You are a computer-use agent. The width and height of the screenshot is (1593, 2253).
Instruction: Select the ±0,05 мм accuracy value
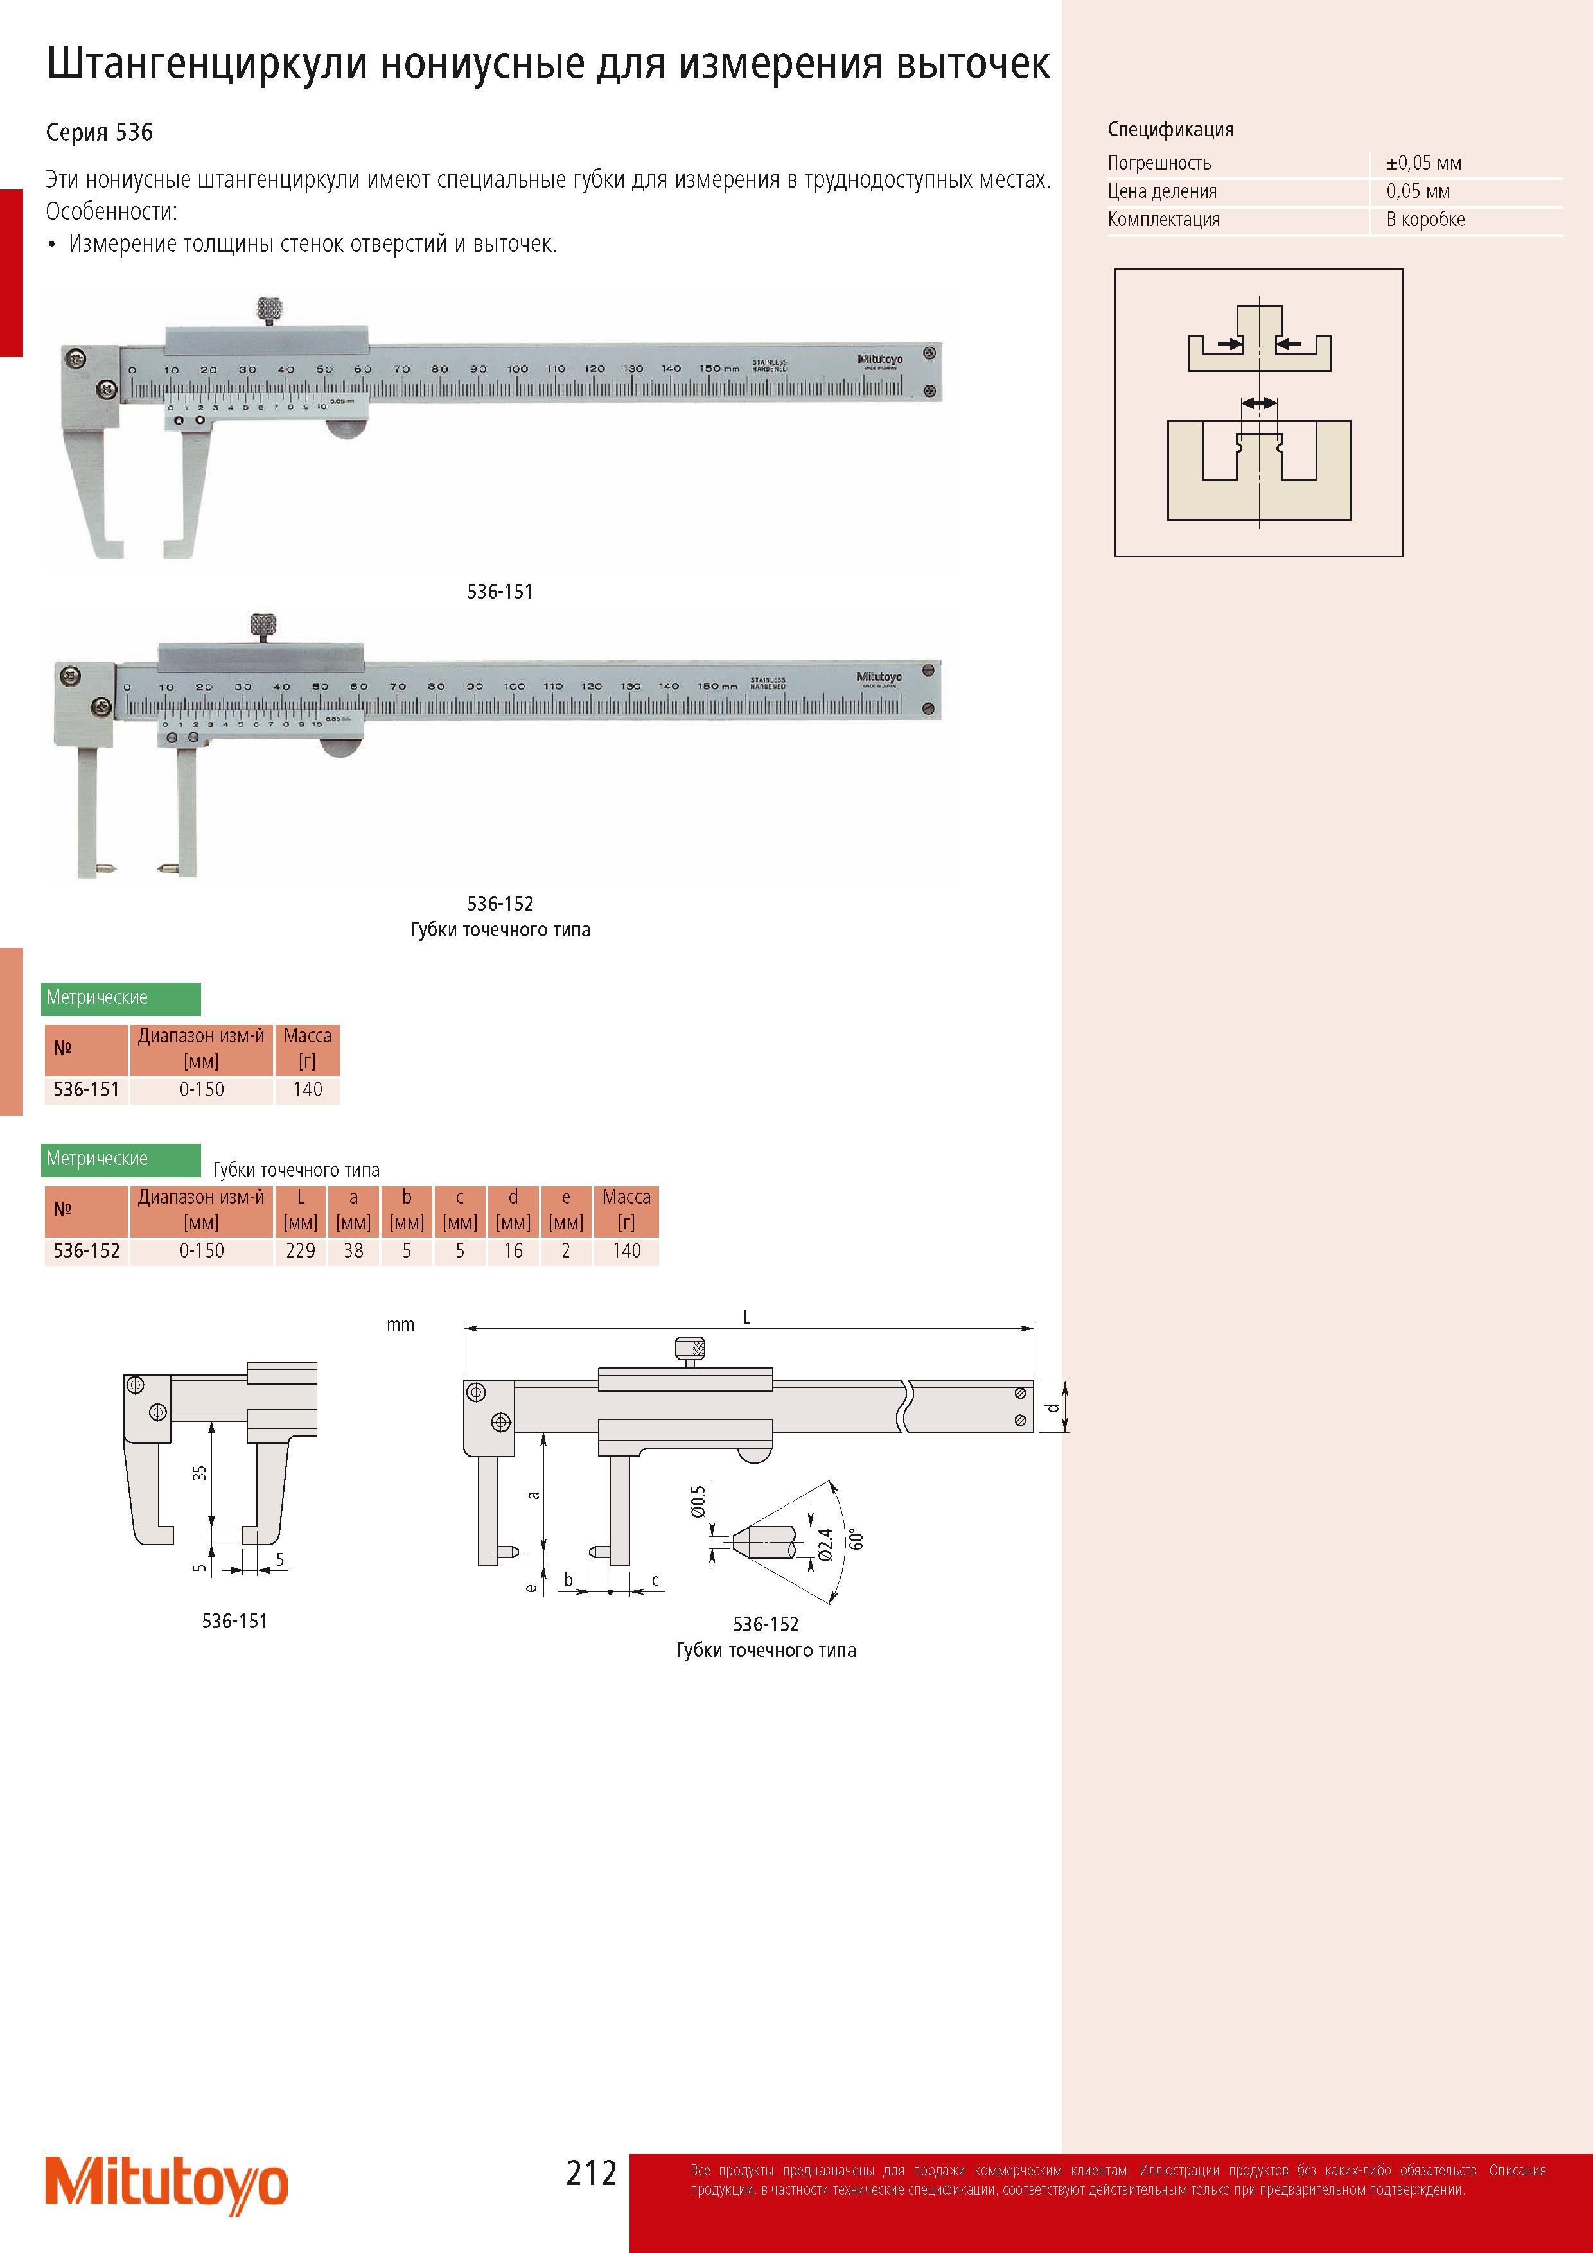click(x=1423, y=163)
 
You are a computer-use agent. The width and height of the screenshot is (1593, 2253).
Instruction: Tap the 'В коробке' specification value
click(x=1425, y=220)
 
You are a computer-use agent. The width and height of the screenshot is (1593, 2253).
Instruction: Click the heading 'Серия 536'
click(x=99, y=132)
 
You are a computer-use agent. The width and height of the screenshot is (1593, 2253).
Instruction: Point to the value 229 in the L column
click(x=301, y=1250)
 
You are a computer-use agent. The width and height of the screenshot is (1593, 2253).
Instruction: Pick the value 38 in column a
click(x=353, y=1250)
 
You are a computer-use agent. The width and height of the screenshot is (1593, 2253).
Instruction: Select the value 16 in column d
click(x=513, y=1250)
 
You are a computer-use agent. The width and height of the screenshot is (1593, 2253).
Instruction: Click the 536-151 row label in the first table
click(x=86, y=1089)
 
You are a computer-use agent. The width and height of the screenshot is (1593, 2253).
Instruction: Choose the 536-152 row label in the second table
click(x=86, y=1250)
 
